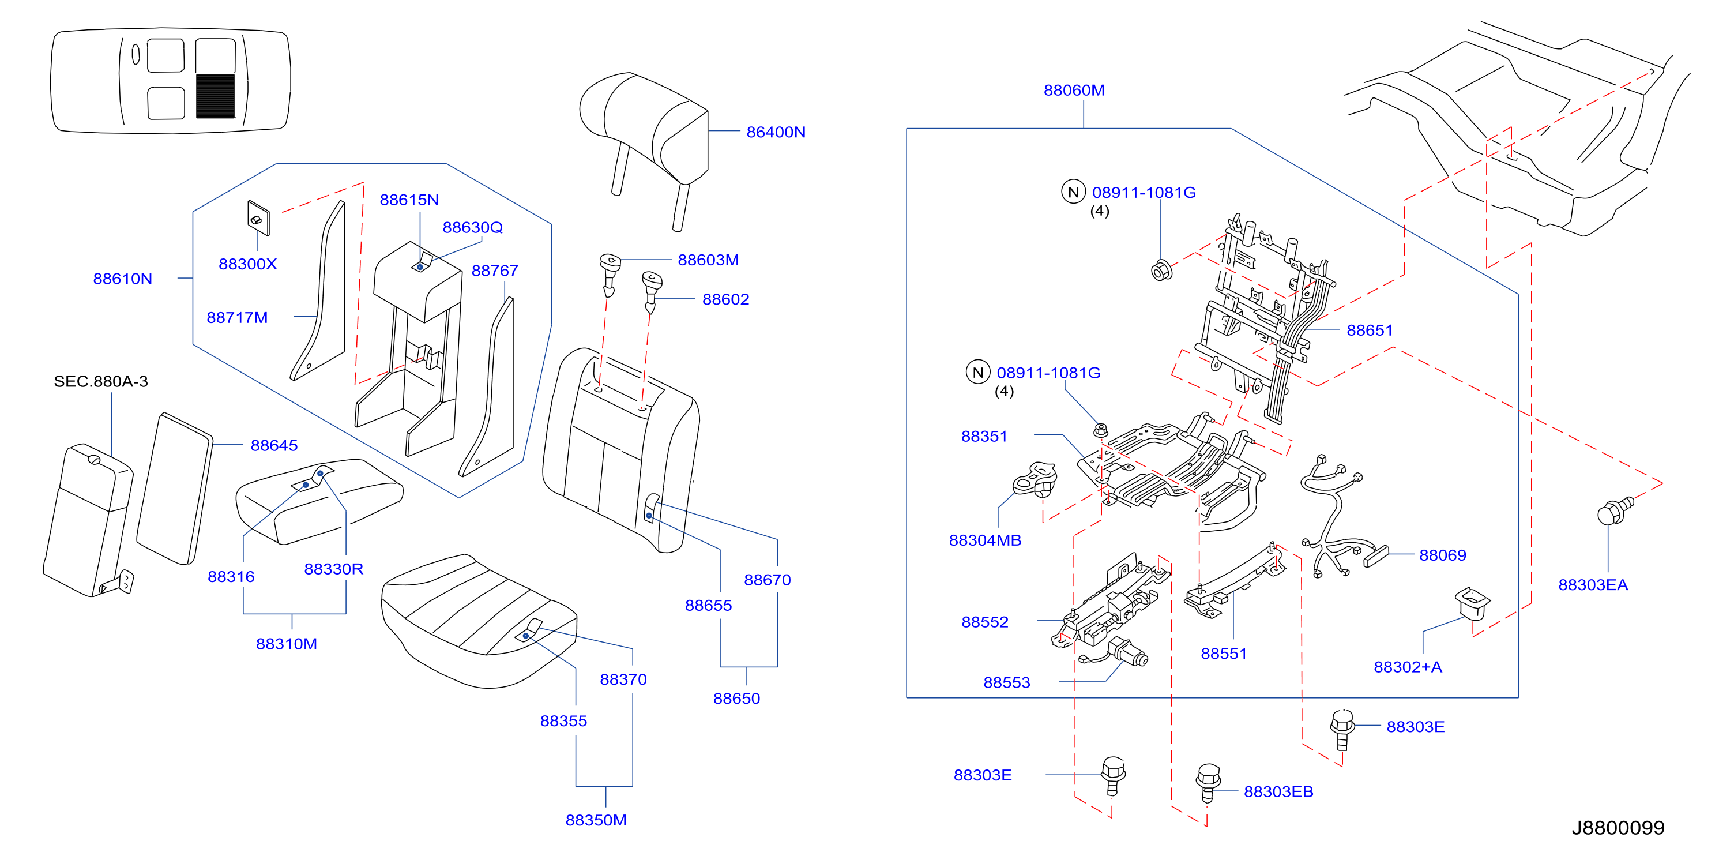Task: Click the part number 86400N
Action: (776, 132)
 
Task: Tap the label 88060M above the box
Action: (1074, 90)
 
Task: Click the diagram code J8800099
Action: (1618, 828)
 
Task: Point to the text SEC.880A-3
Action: (101, 381)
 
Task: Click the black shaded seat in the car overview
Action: (216, 96)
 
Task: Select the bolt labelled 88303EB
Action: (1208, 783)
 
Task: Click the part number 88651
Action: (1369, 330)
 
